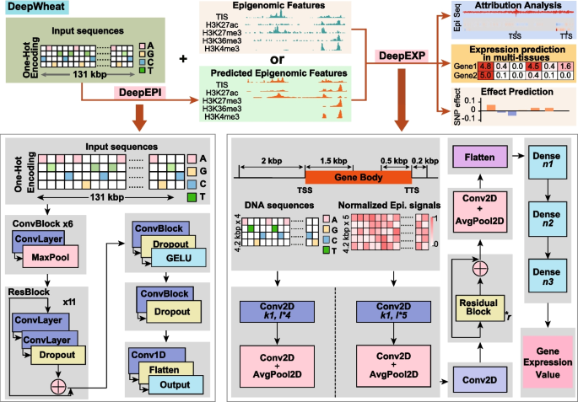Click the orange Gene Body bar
[346, 179]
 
